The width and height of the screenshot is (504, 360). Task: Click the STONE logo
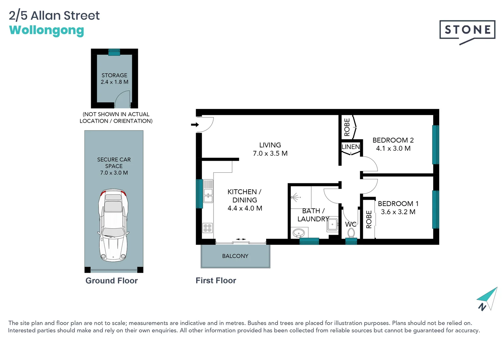click(467, 30)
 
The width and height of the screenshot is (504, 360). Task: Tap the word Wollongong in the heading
click(47, 30)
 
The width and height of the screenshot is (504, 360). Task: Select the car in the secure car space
click(113, 225)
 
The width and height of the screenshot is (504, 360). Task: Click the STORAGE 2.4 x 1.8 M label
click(114, 79)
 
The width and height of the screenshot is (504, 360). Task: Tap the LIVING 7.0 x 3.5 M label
click(270, 149)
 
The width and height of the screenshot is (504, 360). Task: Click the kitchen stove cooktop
click(207, 228)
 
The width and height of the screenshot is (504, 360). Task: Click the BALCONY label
click(235, 256)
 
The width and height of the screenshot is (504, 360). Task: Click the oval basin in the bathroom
click(298, 233)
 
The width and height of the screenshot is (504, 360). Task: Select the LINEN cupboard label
click(351, 147)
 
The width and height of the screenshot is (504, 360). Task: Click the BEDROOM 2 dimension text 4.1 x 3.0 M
click(393, 148)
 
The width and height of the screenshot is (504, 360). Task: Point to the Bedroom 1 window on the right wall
click(435, 209)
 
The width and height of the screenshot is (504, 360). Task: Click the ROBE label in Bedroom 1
click(369, 219)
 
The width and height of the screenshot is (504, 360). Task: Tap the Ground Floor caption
click(111, 281)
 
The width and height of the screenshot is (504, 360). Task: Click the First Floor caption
click(216, 281)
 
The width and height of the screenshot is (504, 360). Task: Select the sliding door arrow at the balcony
click(241, 239)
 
